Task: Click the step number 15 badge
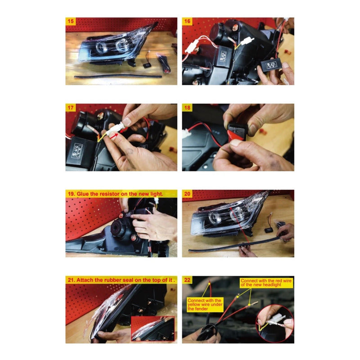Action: click(71, 21)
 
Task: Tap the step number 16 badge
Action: click(187, 21)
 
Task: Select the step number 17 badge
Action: click(71, 108)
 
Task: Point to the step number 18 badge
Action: click(187, 108)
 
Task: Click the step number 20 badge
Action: click(187, 194)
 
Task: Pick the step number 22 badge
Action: click(187, 280)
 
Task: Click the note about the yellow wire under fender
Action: click(205, 305)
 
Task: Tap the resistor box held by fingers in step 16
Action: click(271, 65)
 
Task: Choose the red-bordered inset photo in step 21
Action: click(153, 328)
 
